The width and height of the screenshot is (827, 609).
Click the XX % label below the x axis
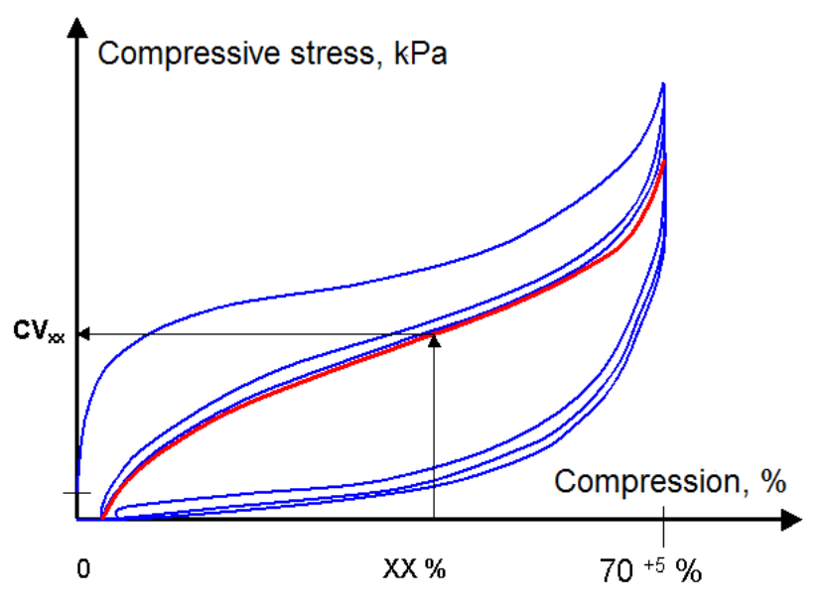coord(414,569)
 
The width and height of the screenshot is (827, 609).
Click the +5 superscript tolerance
coord(655,562)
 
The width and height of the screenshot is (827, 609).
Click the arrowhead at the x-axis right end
coord(790,519)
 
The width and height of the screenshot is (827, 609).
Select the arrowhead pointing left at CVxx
coord(84,334)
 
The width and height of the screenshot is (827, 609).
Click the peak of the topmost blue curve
coord(662,85)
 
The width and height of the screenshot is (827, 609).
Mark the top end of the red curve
coord(663,157)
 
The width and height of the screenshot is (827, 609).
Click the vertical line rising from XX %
coord(434,436)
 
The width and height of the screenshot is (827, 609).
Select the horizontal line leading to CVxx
coord(248,334)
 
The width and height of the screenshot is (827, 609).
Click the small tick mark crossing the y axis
coord(76,492)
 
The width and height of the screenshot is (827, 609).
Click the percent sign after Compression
coord(771,482)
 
